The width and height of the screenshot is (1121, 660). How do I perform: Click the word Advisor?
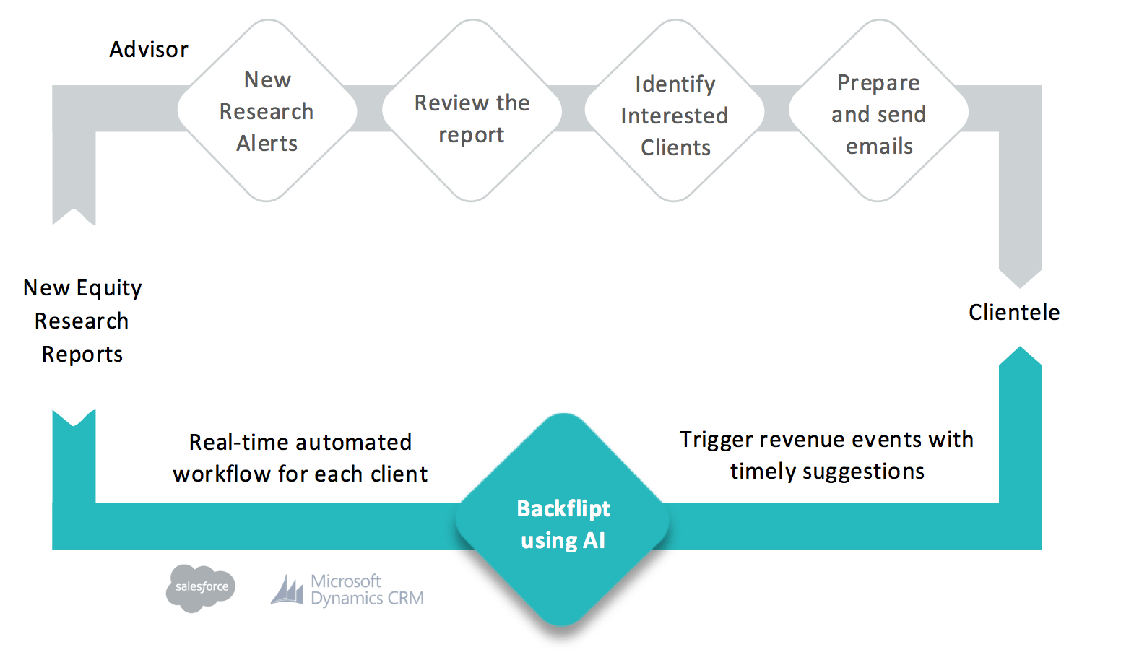tap(149, 50)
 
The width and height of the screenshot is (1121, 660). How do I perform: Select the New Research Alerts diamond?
tap(267, 110)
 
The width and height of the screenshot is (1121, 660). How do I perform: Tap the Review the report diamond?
tap(472, 110)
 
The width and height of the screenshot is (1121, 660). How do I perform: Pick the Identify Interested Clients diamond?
tap(675, 110)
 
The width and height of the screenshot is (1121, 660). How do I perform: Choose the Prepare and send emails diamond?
tap(879, 110)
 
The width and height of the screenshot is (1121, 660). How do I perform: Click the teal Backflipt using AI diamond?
tap(563, 519)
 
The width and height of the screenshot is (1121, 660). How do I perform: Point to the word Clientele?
tap(1014, 312)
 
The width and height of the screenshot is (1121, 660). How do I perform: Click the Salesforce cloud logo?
tap(201, 588)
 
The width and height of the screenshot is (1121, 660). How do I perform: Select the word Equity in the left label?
tap(109, 289)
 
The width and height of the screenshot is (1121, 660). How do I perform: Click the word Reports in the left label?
tap(82, 355)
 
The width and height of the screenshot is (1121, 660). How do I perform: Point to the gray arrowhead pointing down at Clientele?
tap(1021, 278)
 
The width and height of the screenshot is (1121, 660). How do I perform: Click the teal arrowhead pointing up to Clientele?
tap(1021, 356)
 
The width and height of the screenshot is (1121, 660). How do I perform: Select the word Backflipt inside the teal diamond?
tap(563, 509)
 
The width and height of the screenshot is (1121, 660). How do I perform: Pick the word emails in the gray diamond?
tap(879, 147)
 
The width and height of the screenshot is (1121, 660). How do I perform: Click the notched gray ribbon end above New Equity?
tap(74, 216)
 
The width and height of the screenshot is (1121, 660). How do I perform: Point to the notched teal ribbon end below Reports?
tap(74, 418)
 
